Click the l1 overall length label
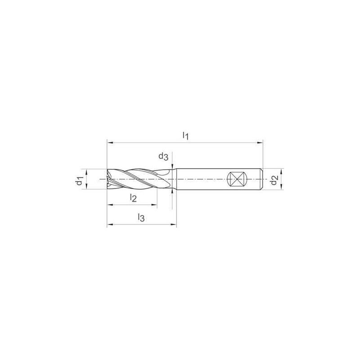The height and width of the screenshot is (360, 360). point(185,135)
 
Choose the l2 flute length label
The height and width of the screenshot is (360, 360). point(133,197)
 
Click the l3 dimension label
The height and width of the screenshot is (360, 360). point(141,218)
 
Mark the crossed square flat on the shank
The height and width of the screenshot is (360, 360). point(237,179)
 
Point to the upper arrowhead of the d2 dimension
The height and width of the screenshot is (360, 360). point(282,171)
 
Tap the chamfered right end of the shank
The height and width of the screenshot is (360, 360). point(261,179)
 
